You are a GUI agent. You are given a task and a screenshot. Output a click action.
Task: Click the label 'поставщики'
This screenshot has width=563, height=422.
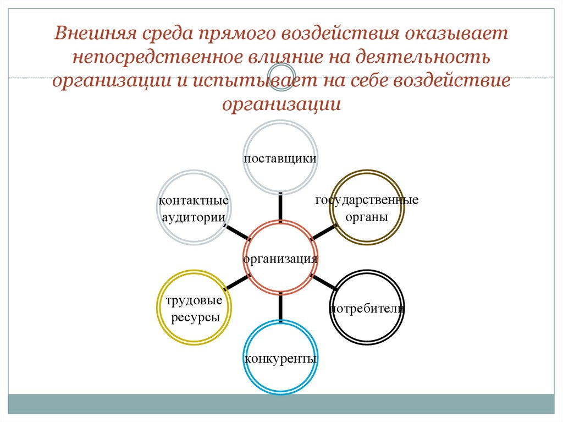tap(280, 158)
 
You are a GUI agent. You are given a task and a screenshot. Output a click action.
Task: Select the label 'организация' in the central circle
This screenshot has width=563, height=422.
tap(280, 259)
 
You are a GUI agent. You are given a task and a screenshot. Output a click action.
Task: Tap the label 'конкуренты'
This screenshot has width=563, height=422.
tap(280, 359)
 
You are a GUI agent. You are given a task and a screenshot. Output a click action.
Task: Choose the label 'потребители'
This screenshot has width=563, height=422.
tap(367, 308)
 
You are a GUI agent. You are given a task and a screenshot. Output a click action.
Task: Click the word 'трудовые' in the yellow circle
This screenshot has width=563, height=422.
tap(194, 301)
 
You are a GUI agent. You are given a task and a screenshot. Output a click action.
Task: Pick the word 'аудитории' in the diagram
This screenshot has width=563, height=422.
tap(193, 217)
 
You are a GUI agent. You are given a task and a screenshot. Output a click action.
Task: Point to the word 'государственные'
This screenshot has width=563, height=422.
tap(367, 200)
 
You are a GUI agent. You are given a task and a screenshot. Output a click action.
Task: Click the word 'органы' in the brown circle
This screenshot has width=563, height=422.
tap(367, 217)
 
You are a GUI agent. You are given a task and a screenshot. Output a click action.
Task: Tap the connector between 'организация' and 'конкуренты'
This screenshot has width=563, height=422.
tap(281, 308)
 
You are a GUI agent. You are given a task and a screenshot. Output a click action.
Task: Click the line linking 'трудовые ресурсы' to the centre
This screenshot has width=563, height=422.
tap(237, 282)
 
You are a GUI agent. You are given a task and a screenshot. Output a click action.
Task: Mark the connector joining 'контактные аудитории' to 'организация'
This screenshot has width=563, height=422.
tap(237, 232)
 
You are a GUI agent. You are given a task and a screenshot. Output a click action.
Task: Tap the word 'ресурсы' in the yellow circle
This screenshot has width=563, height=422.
tap(195, 317)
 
